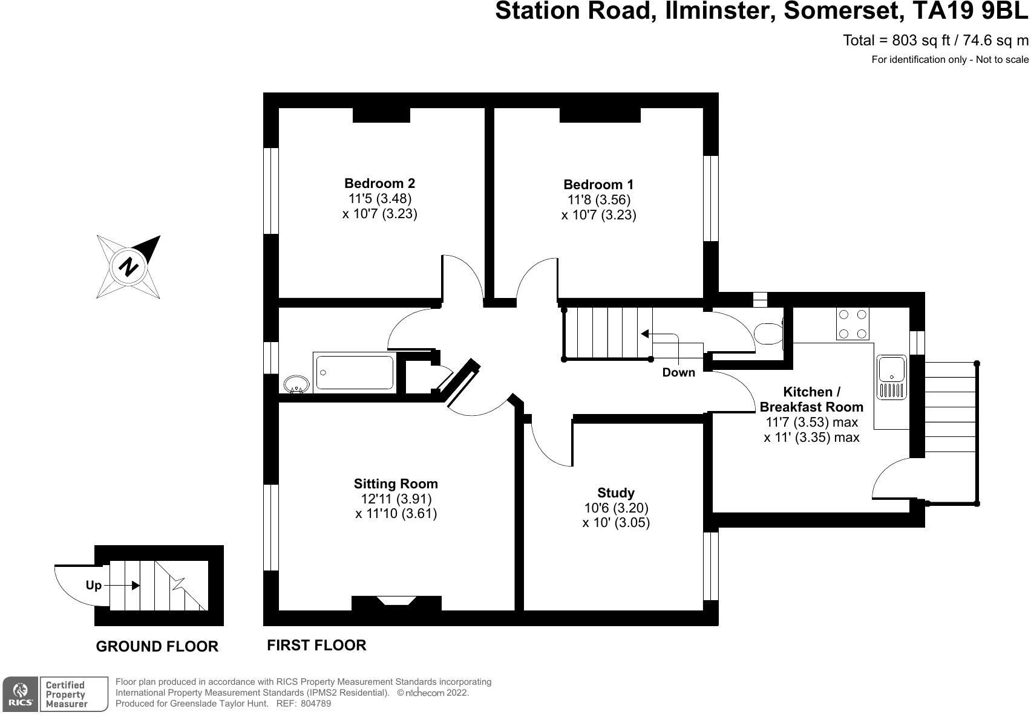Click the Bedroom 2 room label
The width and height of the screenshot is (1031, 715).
pos(380,184)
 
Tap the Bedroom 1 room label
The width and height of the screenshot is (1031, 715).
pos(598,185)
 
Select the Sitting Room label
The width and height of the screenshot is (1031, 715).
pos(396,484)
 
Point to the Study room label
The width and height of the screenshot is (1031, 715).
pos(616,493)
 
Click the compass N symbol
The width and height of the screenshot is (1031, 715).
pos(128,267)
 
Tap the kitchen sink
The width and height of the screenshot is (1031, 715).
pos(892,377)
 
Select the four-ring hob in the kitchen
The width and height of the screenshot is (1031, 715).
pos(853,324)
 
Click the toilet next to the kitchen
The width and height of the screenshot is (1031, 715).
pos(768,334)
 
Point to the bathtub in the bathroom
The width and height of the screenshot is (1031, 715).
pos(355,372)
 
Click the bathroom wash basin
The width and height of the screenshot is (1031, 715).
pos(296,384)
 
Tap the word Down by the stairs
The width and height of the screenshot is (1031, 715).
pos(678,372)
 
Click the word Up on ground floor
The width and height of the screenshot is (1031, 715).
pos(93,585)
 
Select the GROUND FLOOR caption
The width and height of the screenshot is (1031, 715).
pos(157,647)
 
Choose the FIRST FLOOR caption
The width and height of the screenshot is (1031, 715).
pos(316,645)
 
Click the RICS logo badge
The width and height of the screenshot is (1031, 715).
pos(20,694)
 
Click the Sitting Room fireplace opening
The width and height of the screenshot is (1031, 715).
pos(396,601)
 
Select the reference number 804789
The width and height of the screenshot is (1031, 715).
pos(316,704)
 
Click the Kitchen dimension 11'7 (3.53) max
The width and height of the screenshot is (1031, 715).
pos(812,422)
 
